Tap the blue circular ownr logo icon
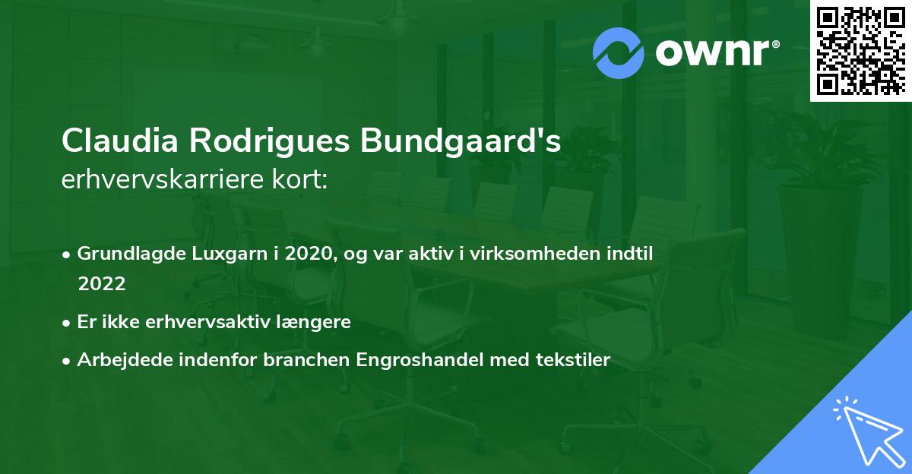click(619, 52)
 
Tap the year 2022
click(101, 283)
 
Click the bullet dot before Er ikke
click(68, 322)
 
